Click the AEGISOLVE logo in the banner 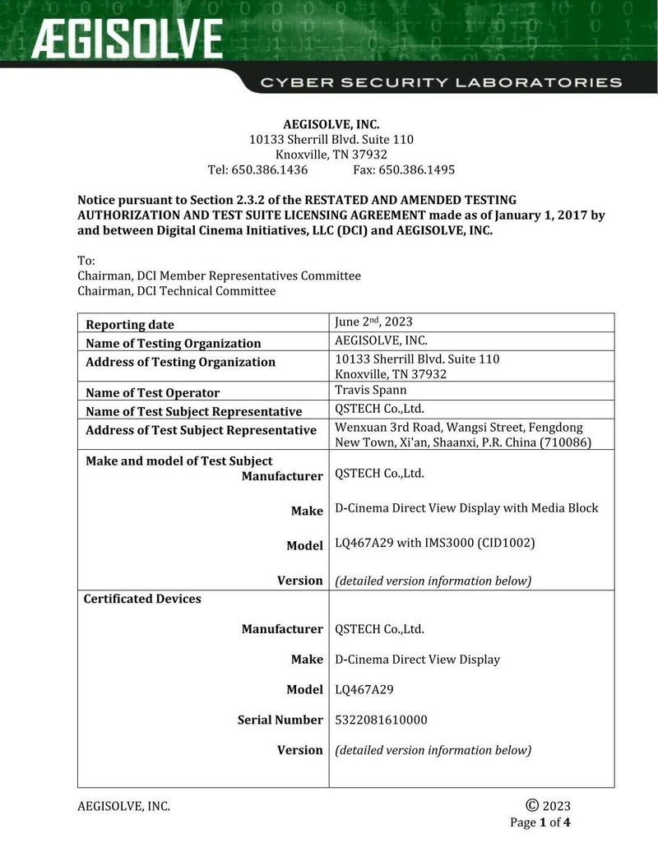coord(127,39)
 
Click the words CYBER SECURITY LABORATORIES coord(441,82)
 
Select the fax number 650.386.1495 coord(416,169)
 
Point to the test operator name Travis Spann coord(370,390)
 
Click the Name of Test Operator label coord(153,393)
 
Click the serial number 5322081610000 coord(382,720)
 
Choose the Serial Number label coord(280,720)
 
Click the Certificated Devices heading coord(142,599)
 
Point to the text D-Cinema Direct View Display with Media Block coord(466,507)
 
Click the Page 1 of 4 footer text coord(540,822)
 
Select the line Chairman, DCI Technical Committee coord(177,290)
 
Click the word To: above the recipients coord(86,261)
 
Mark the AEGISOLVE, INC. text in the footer coord(124,806)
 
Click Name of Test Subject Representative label coord(194,411)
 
